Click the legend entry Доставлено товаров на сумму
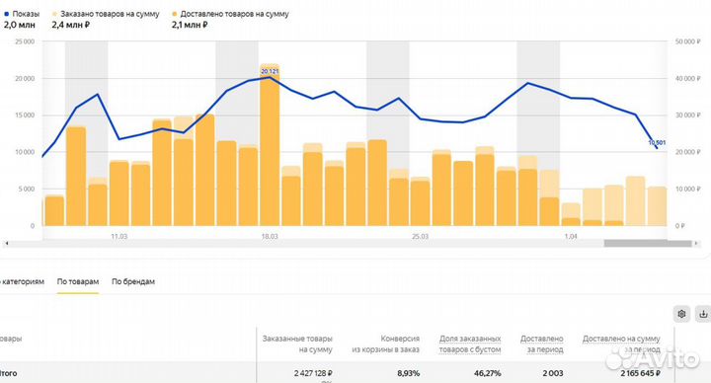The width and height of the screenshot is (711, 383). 234,15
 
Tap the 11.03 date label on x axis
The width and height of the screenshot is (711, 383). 119,237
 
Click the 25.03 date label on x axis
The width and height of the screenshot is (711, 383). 421,237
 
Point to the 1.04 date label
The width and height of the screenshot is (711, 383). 571,237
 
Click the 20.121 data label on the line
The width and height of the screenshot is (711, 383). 270,72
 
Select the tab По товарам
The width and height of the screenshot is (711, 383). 78,282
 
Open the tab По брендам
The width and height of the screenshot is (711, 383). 133,282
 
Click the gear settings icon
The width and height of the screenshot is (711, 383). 680,314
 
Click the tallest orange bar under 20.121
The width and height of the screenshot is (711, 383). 270,148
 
